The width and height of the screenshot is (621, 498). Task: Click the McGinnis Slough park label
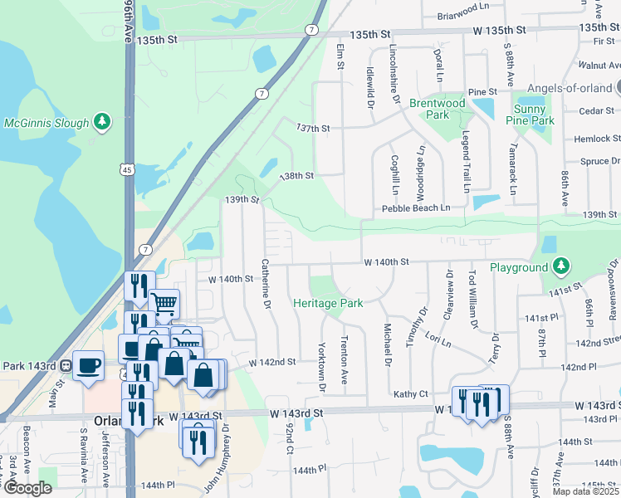46,124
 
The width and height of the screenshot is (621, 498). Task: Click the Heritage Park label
328,304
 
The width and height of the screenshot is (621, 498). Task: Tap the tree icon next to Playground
562,266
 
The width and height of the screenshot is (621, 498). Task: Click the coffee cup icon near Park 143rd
89,364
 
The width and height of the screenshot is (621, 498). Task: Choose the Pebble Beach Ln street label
416,207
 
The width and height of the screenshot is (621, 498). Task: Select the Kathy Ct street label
410,394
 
